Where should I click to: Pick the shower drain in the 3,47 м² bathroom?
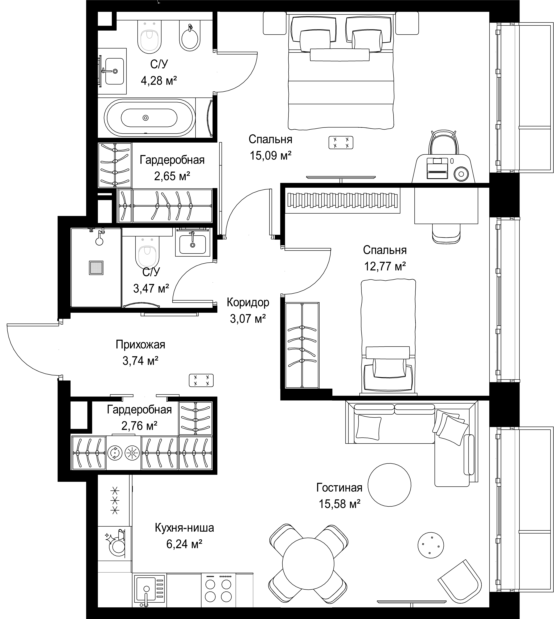pos(96,268)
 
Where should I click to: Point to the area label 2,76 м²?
pos(139,426)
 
